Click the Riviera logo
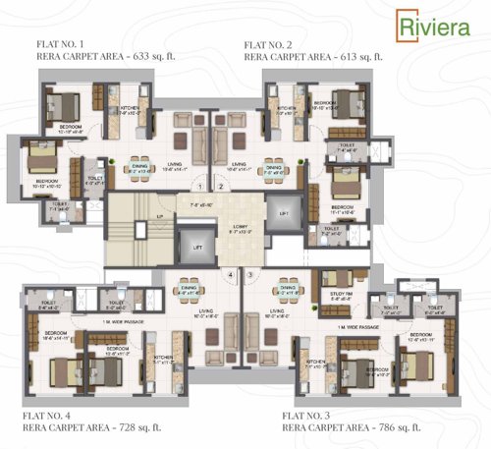pyautogui.click(x=428, y=26)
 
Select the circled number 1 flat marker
pyautogui.click(x=199, y=186)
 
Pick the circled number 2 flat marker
pyautogui.click(x=221, y=186)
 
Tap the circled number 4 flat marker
pyautogui.click(x=231, y=274)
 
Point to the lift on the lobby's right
pyautogui.click(x=284, y=212)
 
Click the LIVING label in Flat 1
pyautogui.click(x=175, y=164)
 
